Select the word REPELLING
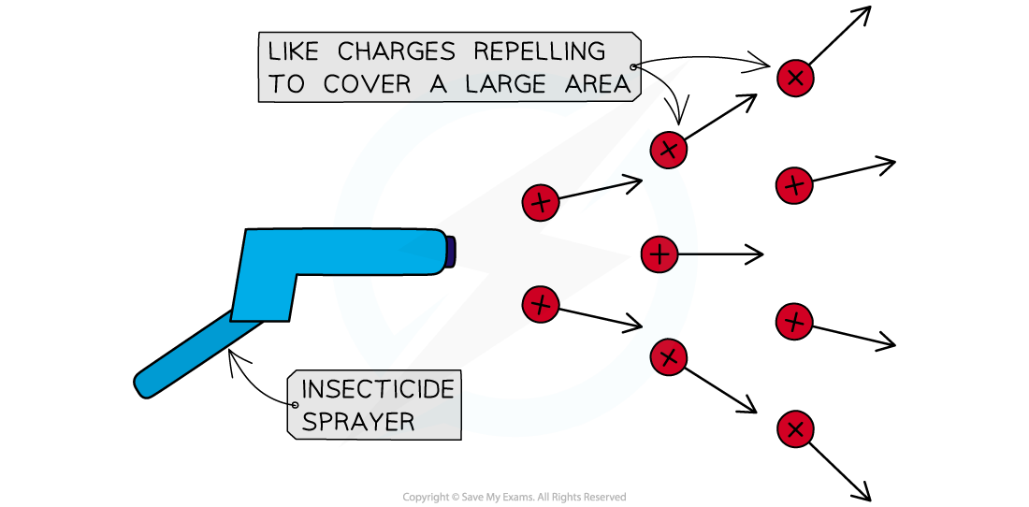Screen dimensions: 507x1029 click(540, 51)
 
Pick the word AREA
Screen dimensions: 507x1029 click(596, 84)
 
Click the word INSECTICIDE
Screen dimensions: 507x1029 click(378, 389)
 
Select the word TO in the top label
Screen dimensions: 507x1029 click(287, 84)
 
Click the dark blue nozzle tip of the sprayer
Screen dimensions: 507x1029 click(450, 252)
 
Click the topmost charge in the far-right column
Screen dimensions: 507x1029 click(795, 78)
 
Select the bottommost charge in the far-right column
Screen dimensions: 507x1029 click(795, 429)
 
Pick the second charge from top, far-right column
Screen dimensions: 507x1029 click(794, 185)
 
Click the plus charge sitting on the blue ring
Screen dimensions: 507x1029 click(659, 253)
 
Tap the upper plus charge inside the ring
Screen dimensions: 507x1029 click(541, 202)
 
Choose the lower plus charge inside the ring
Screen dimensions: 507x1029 click(541, 303)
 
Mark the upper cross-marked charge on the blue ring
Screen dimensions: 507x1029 click(668, 150)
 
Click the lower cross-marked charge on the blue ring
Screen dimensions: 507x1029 click(668, 356)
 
